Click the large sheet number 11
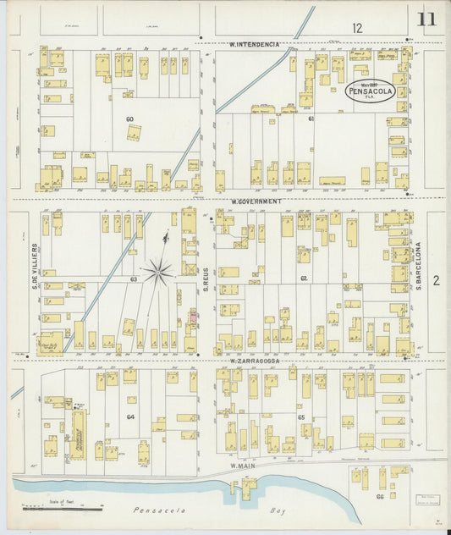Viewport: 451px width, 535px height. click(x=426, y=19)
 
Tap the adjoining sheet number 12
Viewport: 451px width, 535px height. click(x=357, y=28)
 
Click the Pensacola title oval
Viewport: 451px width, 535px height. click(x=370, y=91)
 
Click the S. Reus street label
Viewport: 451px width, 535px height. click(x=205, y=279)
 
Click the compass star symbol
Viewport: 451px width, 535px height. click(x=157, y=271)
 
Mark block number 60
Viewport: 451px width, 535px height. click(x=129, y=119)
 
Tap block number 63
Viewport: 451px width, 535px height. click(x=134, y=278)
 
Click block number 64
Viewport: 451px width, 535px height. click(x=130, y=416)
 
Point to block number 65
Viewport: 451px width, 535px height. click(x=301, y=417)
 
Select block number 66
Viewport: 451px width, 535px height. click(x=380, y=497)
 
